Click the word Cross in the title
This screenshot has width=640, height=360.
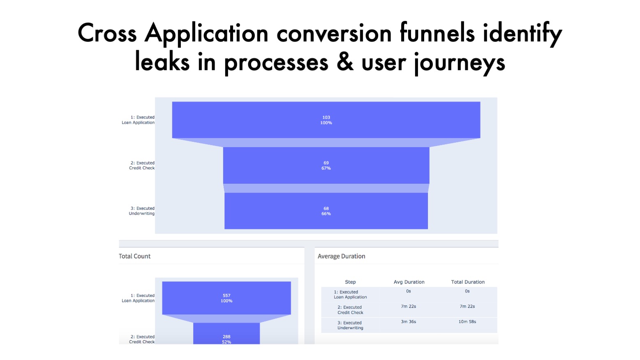107,33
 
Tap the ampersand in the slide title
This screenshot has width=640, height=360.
345,62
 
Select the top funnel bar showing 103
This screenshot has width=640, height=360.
326,120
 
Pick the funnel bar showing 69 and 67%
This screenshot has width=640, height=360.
326,166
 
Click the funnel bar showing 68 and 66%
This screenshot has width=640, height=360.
326,211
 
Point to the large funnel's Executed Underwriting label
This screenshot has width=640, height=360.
141,211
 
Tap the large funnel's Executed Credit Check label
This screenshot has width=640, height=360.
142,166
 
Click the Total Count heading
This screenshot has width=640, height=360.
134,256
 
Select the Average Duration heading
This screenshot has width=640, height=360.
342,256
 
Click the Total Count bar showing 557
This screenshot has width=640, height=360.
226,298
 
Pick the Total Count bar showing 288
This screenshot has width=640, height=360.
226,333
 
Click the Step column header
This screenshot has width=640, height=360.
350,282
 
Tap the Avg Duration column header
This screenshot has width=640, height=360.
409,282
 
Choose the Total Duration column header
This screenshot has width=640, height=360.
468,282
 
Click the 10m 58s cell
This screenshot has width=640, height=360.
467,322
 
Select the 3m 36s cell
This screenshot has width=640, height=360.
408,322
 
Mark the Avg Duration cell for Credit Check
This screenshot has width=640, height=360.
408,306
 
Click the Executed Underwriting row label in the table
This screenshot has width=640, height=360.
350,325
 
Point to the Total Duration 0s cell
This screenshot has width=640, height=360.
467,291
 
